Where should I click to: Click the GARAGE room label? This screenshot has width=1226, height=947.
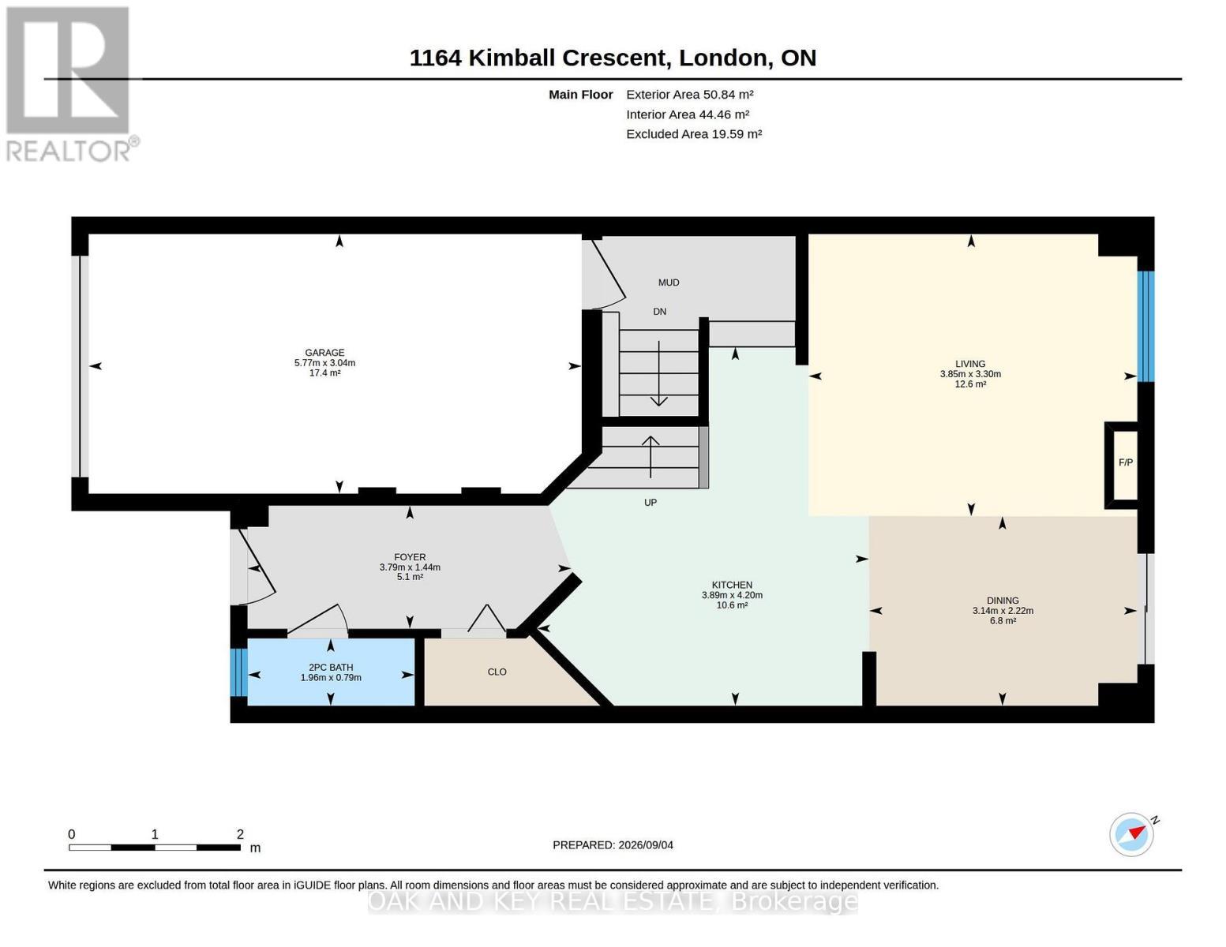324,353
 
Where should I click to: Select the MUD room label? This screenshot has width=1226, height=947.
669,283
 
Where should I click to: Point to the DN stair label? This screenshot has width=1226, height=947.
659,312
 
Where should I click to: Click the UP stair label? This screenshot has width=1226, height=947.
650,503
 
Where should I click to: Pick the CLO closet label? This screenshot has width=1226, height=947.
497,672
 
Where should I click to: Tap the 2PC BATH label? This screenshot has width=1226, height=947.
331,668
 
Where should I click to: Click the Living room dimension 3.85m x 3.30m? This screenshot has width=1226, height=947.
970,374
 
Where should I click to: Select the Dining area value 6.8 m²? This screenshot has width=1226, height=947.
1003,621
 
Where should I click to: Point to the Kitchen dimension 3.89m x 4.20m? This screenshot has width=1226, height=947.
732,595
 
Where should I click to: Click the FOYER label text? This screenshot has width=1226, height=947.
410,557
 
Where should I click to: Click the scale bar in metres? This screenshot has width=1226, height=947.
155,847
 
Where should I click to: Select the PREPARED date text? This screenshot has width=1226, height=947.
613,845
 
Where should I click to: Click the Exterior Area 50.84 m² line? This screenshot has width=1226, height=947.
689,95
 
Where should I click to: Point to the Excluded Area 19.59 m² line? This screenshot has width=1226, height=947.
694,134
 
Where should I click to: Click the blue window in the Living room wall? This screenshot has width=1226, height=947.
1146,327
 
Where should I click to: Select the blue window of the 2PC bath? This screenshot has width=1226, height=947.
238,672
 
